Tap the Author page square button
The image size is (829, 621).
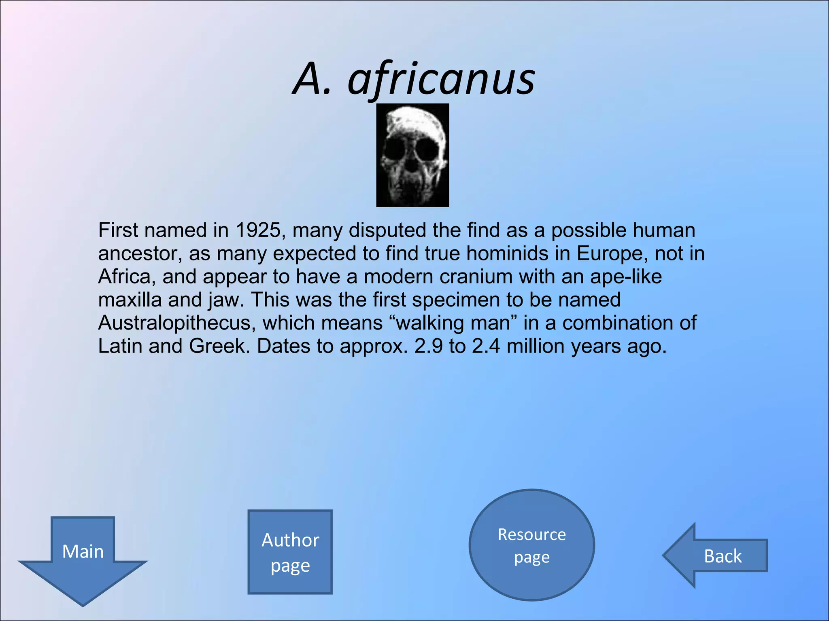tap(290, 552)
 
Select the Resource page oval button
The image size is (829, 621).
tap(531, 545)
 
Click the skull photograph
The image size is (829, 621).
tap(412, 155)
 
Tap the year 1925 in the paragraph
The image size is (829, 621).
tap(258, 230)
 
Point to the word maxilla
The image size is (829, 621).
tap(130, 300)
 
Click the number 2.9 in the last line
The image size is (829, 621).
tap(428, 346)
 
